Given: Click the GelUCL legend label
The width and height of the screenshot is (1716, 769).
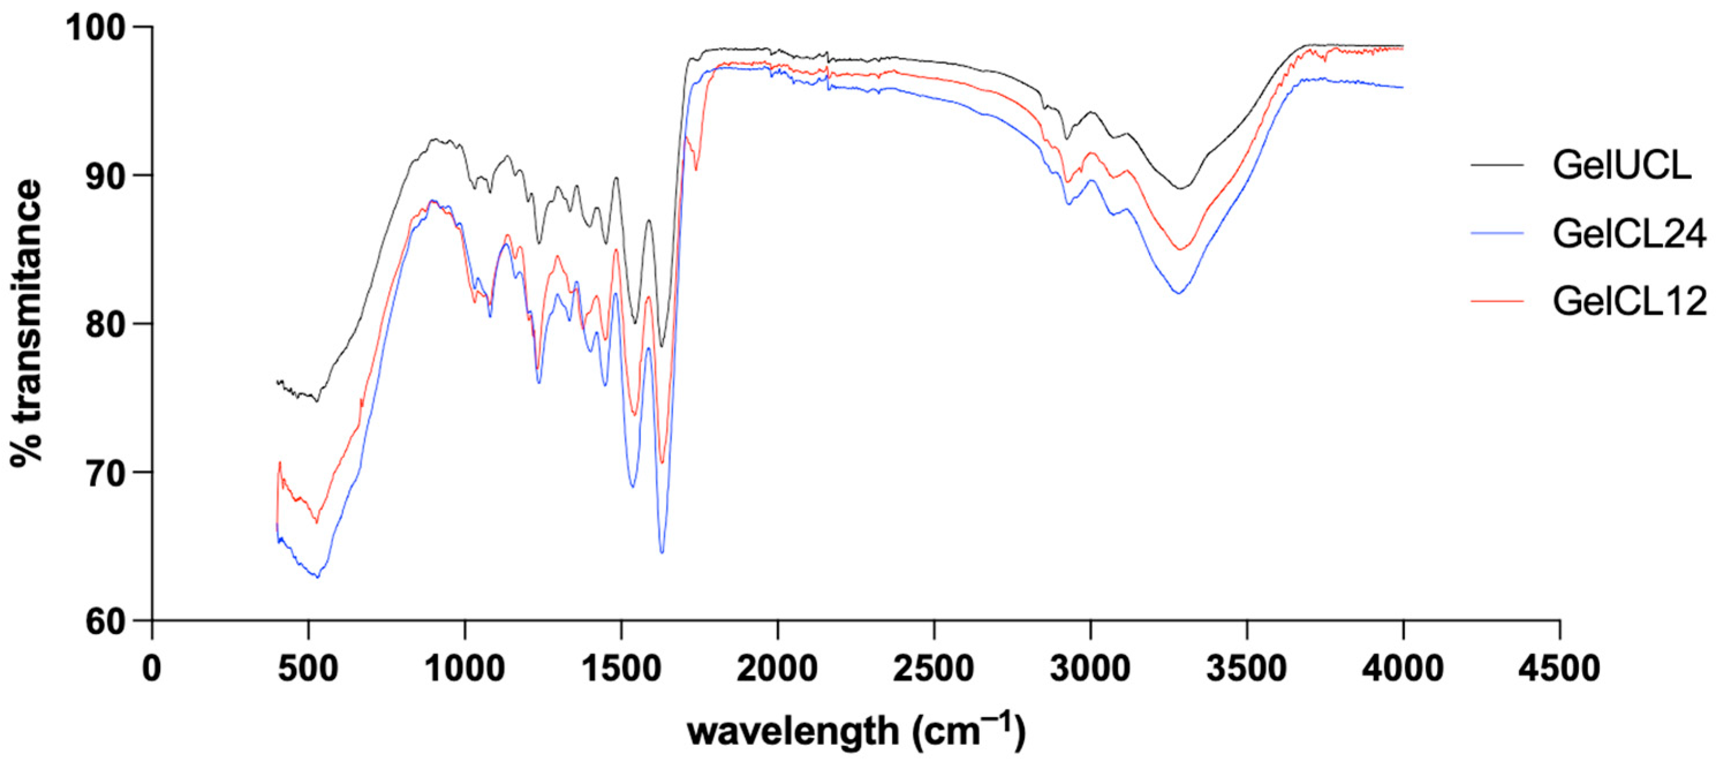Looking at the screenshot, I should point(1621,165).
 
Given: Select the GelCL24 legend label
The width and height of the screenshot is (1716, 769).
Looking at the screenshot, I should point(1629,233).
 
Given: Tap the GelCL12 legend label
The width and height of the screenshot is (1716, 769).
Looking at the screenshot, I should point(1629,301).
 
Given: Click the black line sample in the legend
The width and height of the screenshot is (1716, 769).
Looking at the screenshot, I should point(1497,165).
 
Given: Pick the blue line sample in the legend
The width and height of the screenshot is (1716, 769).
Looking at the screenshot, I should point(1497,233).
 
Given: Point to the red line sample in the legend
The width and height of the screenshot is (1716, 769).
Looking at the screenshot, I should point(1497,301).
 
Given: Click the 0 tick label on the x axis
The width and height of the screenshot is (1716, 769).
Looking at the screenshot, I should point(152,667).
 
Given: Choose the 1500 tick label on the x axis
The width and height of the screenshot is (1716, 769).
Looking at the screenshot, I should point(621,667).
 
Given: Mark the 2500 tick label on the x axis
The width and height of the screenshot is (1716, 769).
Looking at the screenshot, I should point(933,667).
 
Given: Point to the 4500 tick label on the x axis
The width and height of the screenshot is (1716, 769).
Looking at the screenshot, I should point(1559,667).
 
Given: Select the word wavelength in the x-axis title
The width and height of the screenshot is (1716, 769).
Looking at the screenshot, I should point(793,732).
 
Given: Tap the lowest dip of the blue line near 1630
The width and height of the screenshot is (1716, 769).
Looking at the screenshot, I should point(661,552).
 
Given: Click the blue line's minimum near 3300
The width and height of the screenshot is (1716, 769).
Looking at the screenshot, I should point(1179,293).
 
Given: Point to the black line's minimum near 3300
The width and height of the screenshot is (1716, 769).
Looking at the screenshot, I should point(1180,188).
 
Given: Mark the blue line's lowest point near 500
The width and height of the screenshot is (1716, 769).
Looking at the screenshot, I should point(318,577).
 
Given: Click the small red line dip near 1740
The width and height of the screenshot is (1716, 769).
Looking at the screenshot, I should point(696,169).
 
